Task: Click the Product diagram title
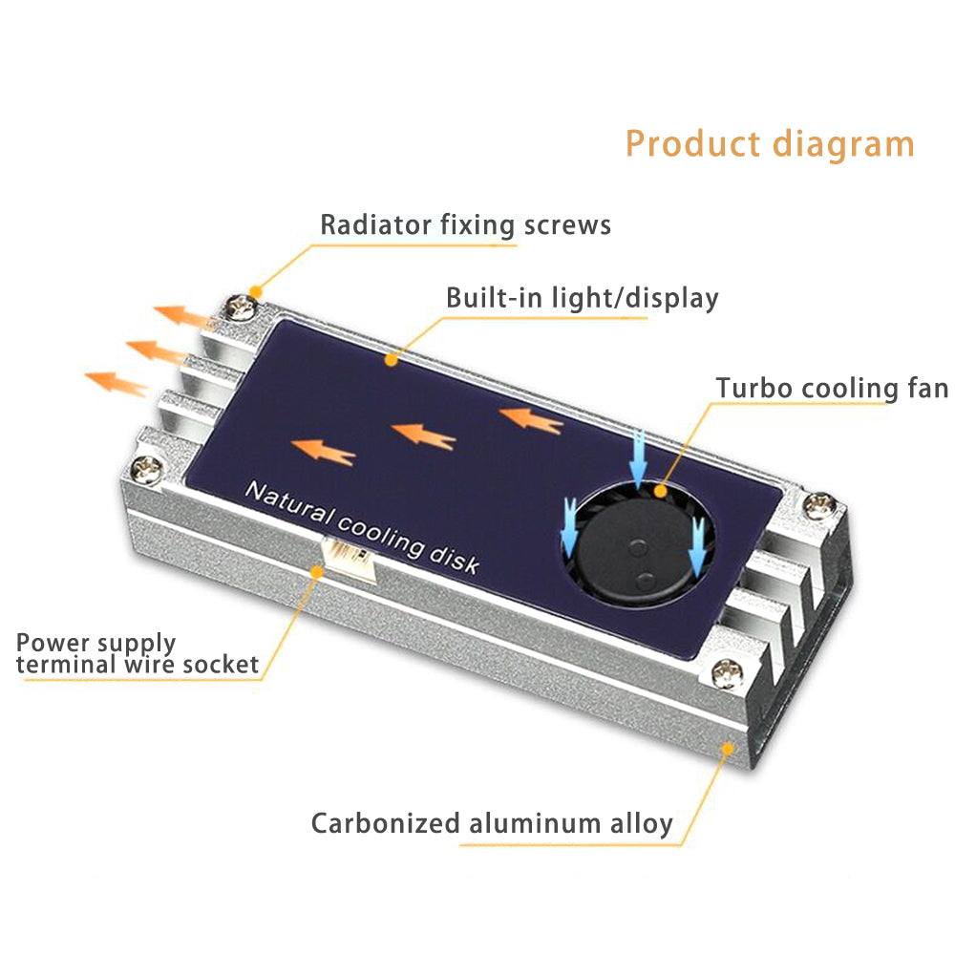770,144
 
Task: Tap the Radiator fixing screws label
465,225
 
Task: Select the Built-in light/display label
582,298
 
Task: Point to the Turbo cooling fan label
832,389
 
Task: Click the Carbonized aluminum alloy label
492,823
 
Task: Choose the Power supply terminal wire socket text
138,654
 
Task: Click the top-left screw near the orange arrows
239,308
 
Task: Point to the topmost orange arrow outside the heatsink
184,315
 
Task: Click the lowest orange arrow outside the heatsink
117,383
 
